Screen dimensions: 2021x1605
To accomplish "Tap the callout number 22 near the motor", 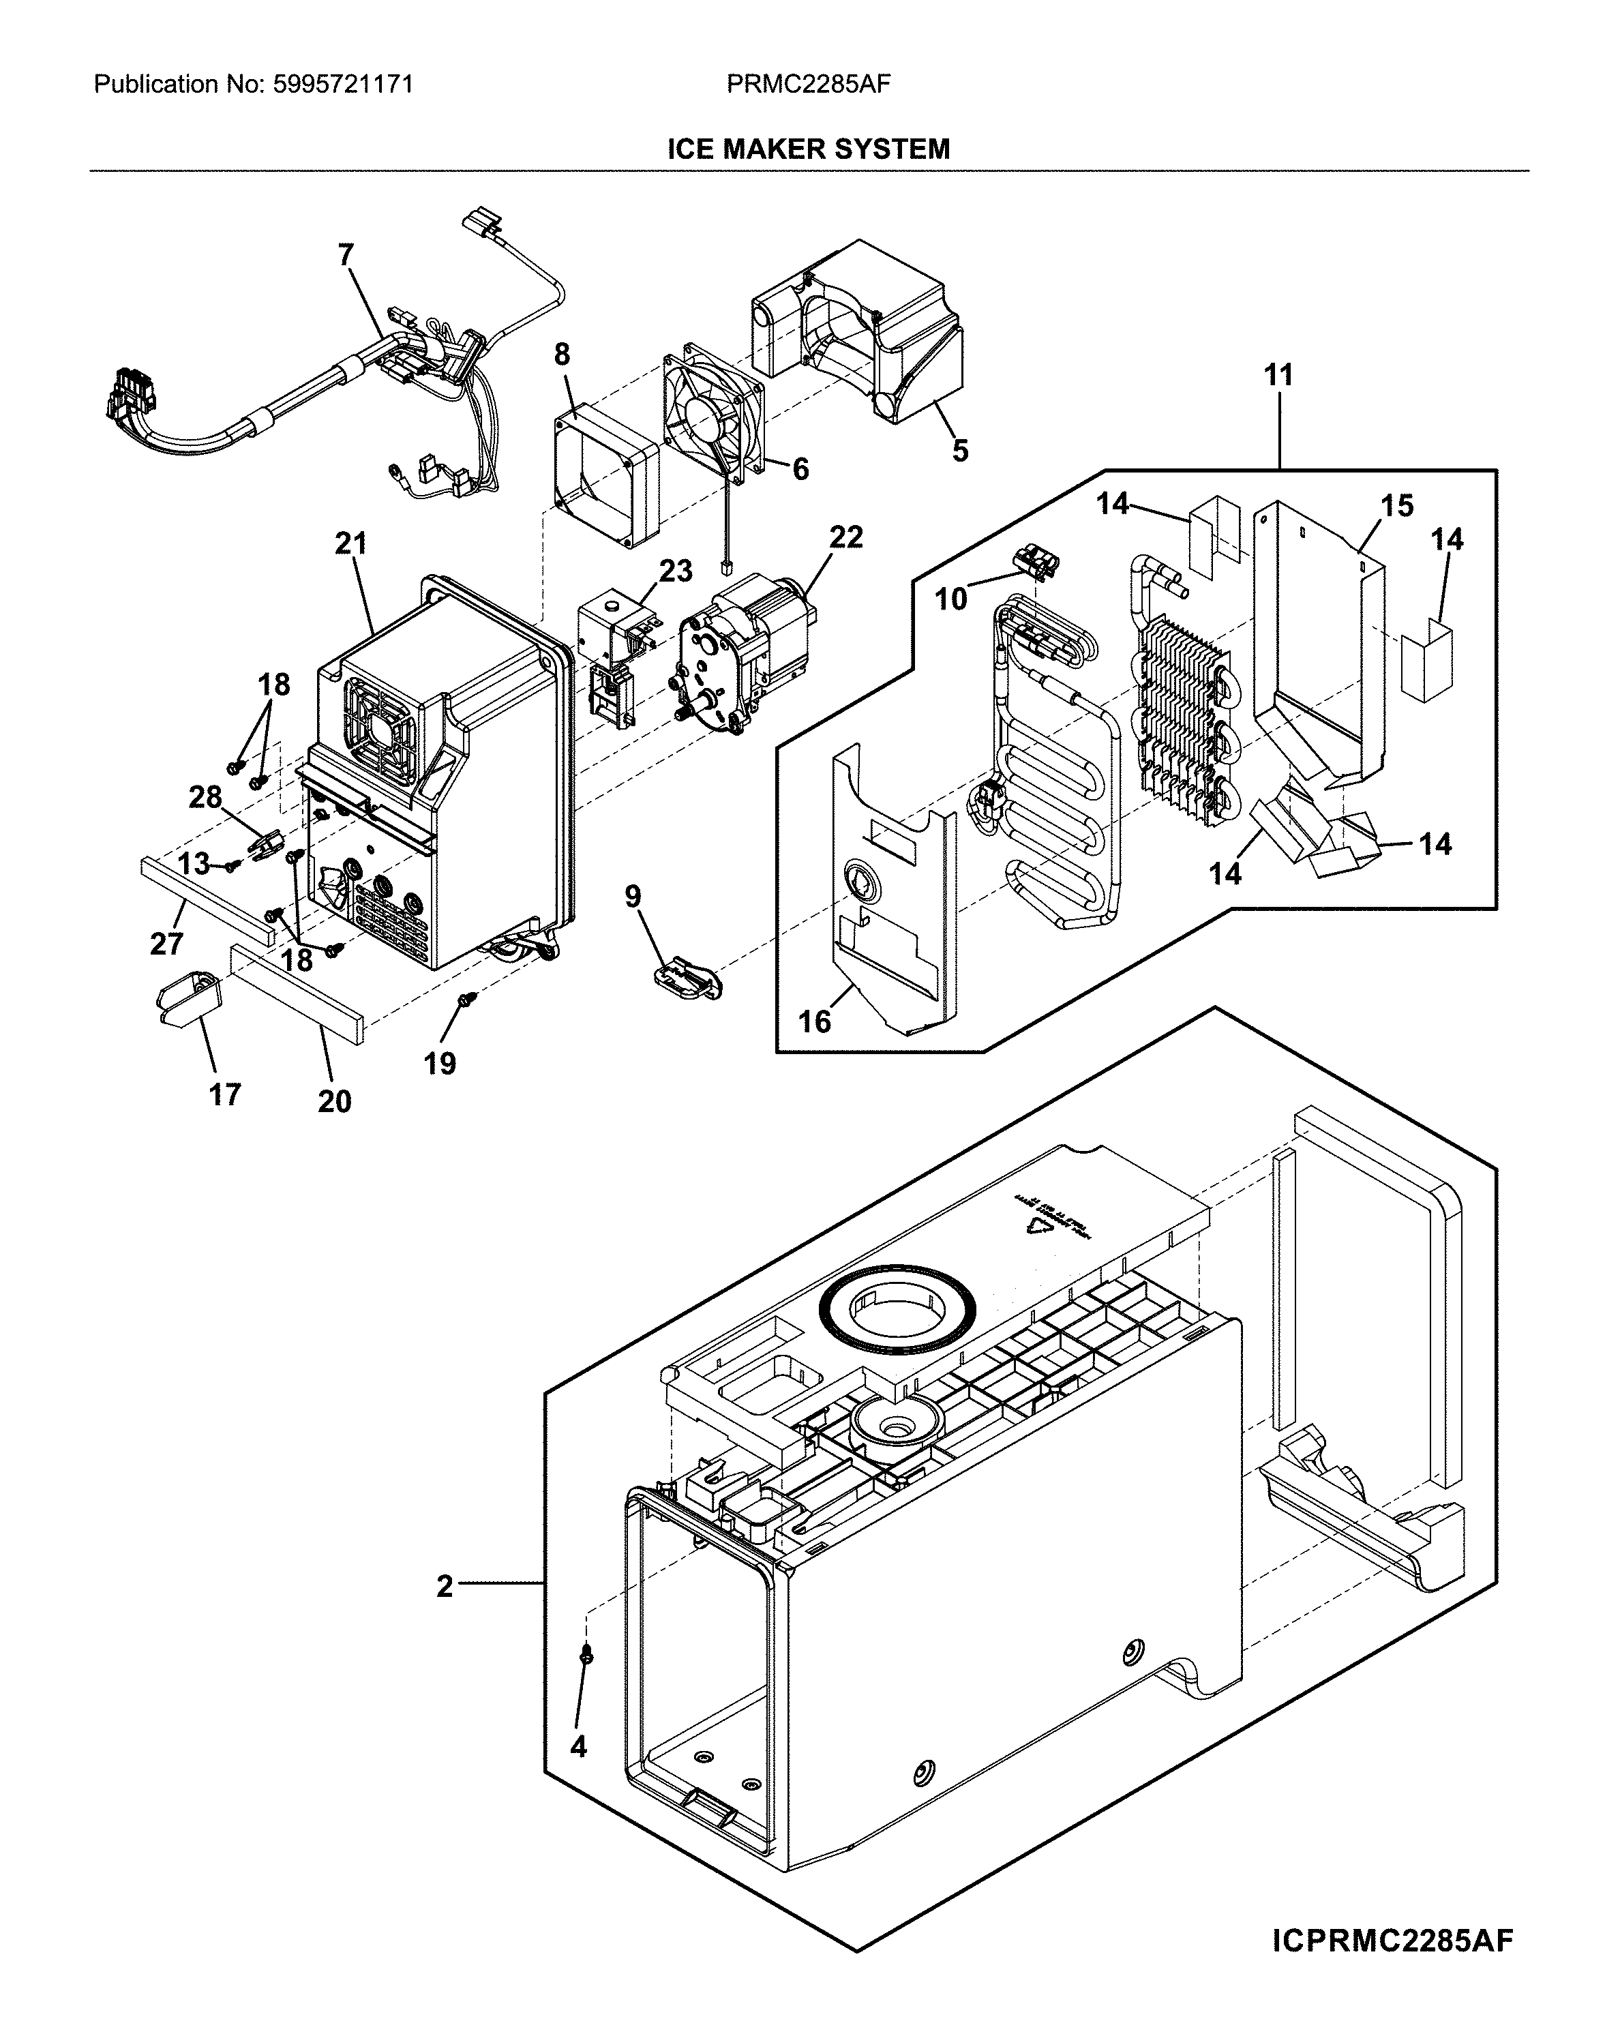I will pos(845,537).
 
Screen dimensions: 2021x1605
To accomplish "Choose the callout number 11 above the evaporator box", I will pos(1278,375).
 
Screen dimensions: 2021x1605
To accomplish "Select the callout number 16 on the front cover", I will pos(815,1021).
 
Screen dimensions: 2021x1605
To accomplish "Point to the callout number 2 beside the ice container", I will pos(445,1586).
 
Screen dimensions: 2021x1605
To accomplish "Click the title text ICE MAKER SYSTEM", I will pos(808,149).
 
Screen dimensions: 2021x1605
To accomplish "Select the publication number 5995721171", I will pos(342,85).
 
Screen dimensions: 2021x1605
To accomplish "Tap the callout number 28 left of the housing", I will pos(205,797).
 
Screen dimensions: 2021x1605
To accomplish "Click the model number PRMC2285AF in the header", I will pos(808,85).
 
